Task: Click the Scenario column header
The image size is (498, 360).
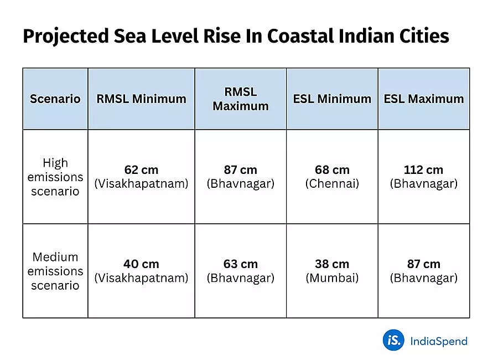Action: [55, 99]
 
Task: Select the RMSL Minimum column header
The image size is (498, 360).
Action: [141, 99]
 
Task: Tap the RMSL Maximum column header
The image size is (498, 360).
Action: [241, 99]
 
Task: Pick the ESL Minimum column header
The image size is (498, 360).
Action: [332, 99]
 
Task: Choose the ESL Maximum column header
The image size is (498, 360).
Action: [424, 99]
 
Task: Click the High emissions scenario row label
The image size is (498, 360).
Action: [55, 177]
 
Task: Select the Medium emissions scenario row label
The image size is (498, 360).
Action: [55, 271]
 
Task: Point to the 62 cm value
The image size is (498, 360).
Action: [141, 170]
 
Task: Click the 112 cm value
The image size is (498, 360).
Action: [424, 170]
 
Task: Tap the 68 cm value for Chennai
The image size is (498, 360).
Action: [332, 170]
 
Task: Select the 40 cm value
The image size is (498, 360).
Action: [141, 264]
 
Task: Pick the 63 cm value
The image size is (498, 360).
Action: [241, 264]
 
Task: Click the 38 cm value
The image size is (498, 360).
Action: [332, 264]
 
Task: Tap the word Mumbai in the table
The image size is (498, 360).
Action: [332, 278]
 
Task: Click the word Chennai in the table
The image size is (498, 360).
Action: [332, 184]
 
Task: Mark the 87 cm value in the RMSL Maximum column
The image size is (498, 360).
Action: [241, 170]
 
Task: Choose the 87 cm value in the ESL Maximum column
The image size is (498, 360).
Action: [424, 264]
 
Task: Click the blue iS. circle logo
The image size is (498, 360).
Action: [393, 340]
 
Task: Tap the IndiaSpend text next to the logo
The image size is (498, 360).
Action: [439, 341]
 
